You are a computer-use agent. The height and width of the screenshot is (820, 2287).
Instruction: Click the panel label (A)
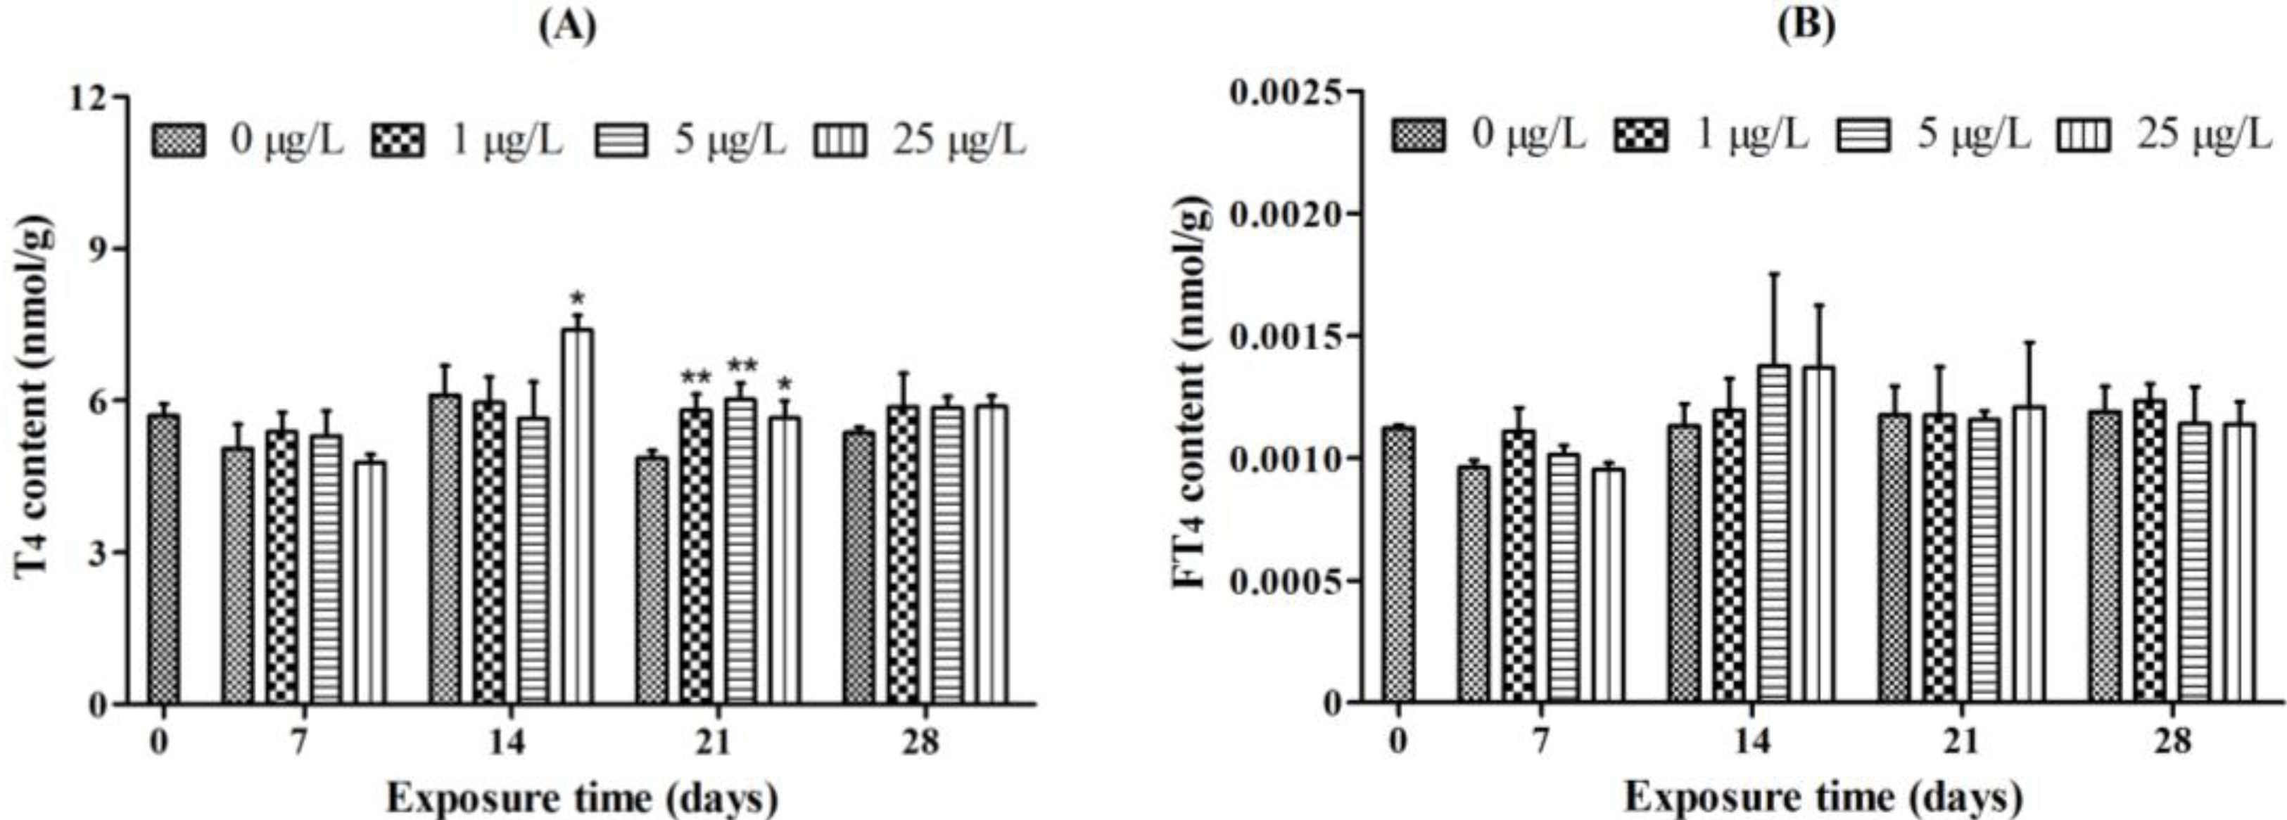point(568,27)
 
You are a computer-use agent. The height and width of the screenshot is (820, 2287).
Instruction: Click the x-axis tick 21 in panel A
point(713,742)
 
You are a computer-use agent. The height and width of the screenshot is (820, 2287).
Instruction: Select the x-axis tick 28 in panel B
point(2172,742)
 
